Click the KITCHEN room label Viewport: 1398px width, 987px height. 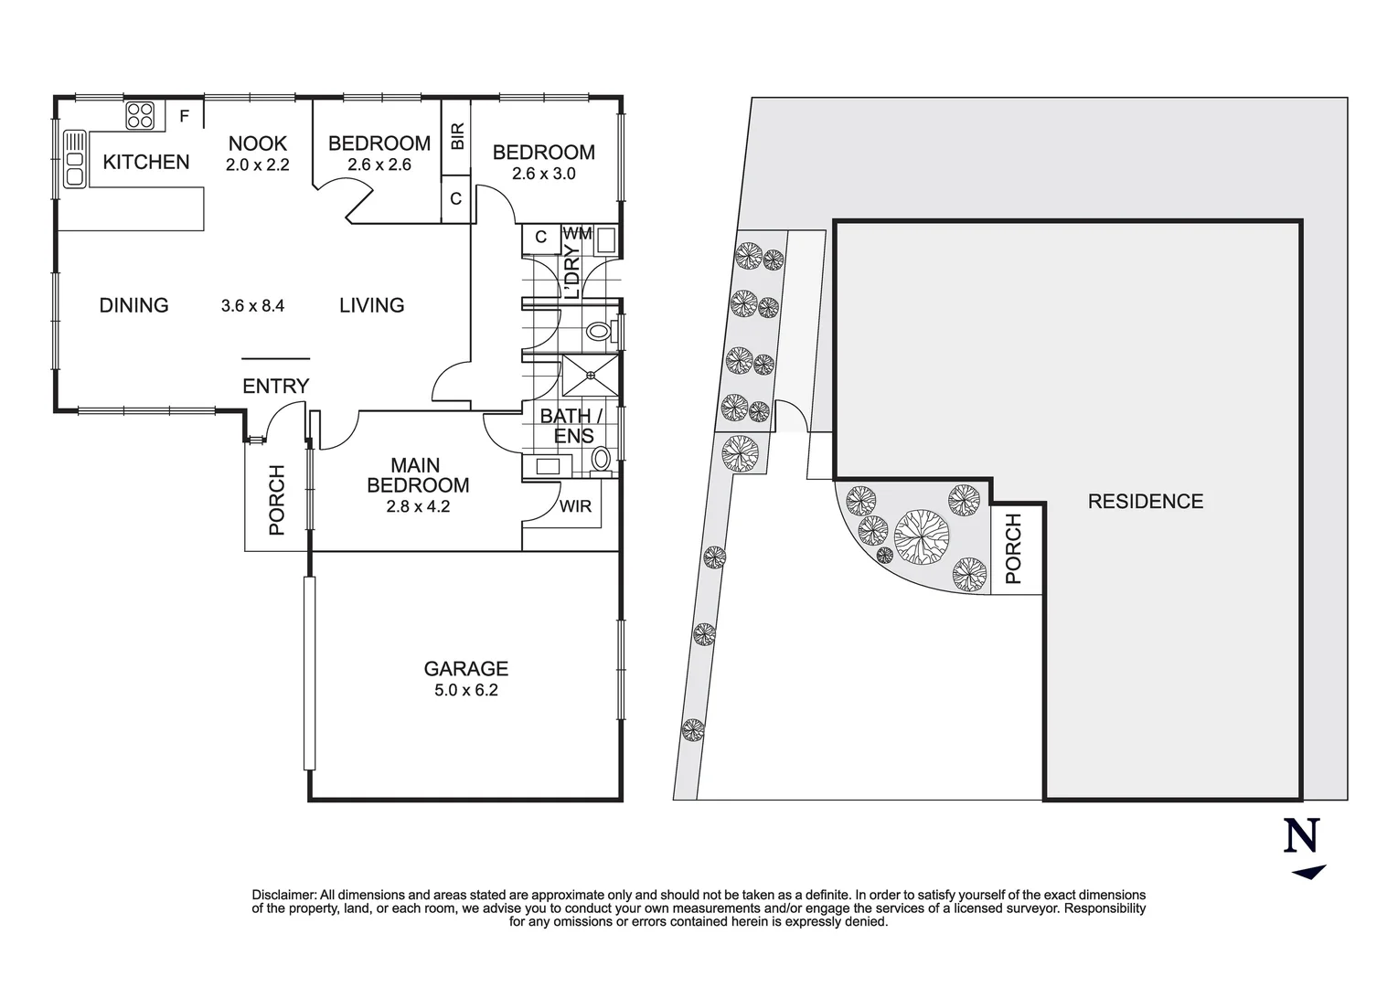(146, 162)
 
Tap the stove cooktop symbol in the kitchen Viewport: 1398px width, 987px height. (140, 114)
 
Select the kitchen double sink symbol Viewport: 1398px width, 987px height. (74, 159)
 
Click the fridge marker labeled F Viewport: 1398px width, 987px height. (184, 116)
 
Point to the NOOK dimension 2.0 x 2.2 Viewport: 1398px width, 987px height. (258, 165)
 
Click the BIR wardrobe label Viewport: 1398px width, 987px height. (457, 136)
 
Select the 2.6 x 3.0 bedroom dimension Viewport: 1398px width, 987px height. (543, 174)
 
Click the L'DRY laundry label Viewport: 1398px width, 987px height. (572, 271)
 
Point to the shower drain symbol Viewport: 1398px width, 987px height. (591, 374)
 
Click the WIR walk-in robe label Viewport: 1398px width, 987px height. (575, 506)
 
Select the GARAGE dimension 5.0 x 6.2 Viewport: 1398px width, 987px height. (465, 690)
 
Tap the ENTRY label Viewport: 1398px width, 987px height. (275, 386)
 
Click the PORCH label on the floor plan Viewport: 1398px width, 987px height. (276, 500)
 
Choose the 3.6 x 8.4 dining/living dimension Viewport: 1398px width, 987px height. (252, 306)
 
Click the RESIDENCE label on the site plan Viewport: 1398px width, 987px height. (1145, 501)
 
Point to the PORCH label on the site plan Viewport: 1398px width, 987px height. (1013, 548)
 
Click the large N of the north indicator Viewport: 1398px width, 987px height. (1302, 835)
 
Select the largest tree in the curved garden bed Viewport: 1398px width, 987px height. (920, 535)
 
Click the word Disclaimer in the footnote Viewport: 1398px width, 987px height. (283, 895)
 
